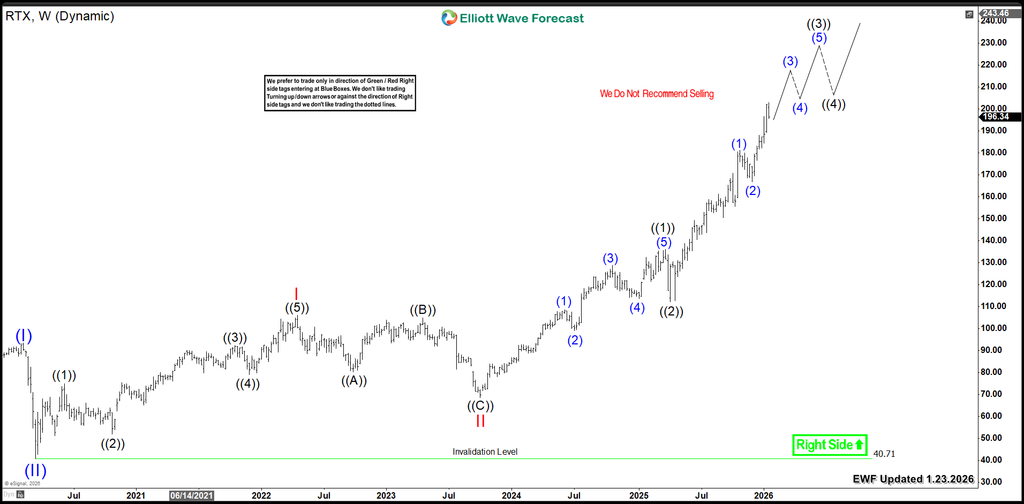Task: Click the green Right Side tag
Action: [x=829, y=445]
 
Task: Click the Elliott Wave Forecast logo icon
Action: [x=449, y=18]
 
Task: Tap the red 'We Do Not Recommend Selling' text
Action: [x=657, y=94]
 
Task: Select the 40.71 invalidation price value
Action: [x=884, y=454]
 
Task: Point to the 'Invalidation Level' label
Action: [x=485, y=452]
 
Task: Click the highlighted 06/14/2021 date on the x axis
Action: [x=191, y=495]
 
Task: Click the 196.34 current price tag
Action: [x=996, y=116]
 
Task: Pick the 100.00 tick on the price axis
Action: [x=993, y=328]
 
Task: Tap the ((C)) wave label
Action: [x=480, y=405]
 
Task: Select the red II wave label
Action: [x=480, y=421]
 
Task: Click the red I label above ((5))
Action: [x=296, y=294]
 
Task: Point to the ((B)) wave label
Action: [x=423, y=310]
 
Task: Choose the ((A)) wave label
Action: [x=354, y=380]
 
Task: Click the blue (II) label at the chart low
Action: [x=35, y=470]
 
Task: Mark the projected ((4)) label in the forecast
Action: [x=833, y=104]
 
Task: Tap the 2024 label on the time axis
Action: [x=511, y=495]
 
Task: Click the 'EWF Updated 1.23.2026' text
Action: [x=913, y=479]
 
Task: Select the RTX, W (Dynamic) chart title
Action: [x=60, y=16]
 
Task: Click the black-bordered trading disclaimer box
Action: [x=340, y=93]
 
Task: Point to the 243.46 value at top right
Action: [x=996, y=13]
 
